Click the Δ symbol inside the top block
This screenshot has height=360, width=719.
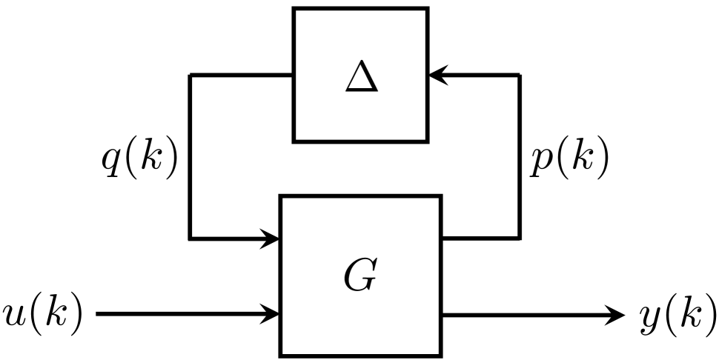point(361,78)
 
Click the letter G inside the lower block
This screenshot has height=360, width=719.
point(360,276)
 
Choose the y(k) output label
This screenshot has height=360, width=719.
point(677,314)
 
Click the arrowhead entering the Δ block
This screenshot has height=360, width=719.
point(437,75)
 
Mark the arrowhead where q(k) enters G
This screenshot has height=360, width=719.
point(271,239)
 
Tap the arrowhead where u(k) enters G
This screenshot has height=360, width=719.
point(271,314)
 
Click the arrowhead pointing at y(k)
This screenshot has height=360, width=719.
point(617,314)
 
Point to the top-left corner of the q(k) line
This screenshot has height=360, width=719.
point(190,75)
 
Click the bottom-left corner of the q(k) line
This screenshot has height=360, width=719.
point(190,239)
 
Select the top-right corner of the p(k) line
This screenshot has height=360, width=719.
point(519,75)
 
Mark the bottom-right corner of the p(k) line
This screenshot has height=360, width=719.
point(519,238)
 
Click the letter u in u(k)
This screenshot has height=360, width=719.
point(14,315)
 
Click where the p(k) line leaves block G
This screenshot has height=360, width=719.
point(443,238)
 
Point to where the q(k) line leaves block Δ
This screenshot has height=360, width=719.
point(293,75)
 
